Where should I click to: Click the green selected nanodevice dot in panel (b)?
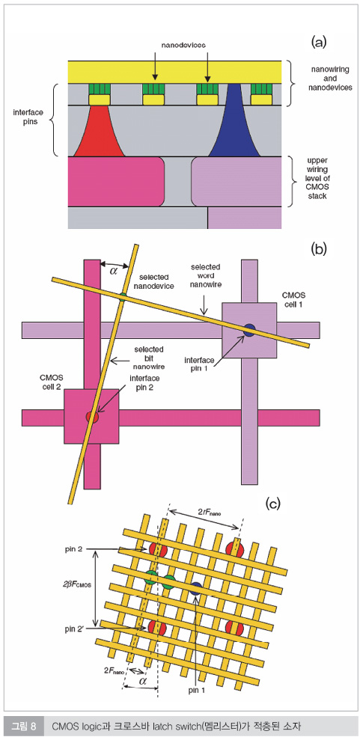123,296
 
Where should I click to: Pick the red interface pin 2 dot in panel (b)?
91,418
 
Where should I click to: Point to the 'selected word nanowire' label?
204,275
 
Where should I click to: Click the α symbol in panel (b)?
114,270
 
